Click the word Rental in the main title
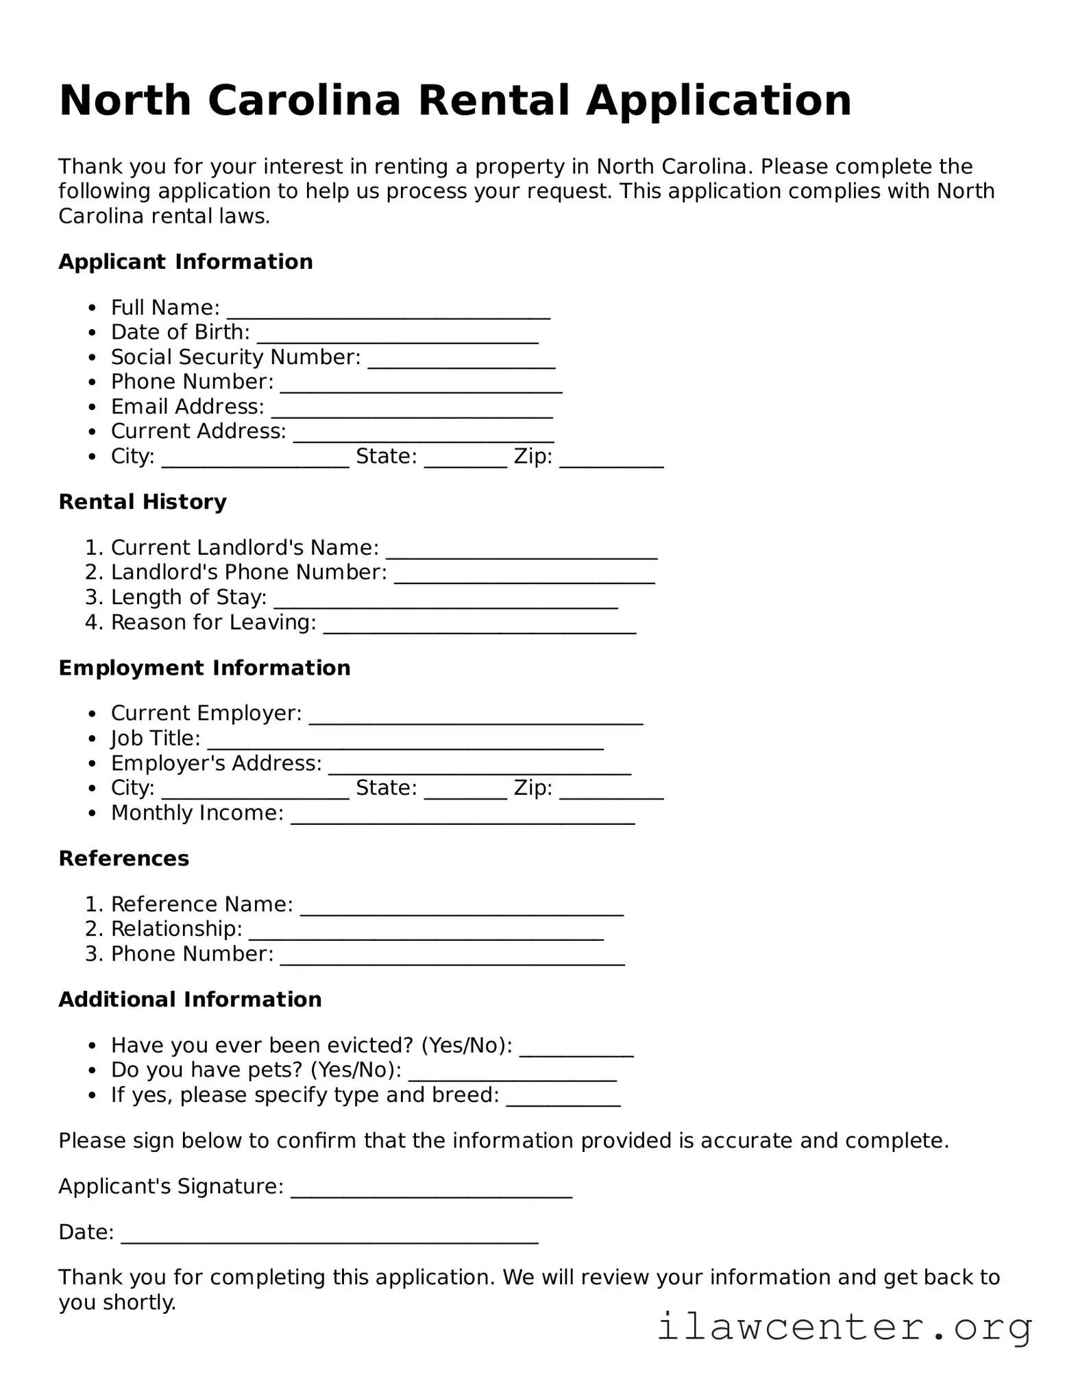pos(494,101)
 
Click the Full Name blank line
pos(389,310)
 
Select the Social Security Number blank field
pos(461,360)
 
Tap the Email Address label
pos(187,407)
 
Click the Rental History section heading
pos(143,502)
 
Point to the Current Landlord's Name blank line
pos(522,550)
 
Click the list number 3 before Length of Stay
pos(94,597)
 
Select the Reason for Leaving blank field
pos(480,625)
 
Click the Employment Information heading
pos(204,668)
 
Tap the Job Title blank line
pos(405,741)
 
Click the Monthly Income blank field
pos(463,815)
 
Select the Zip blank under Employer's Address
pos(611,791)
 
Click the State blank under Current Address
pos(465,459)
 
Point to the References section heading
pos(124,859)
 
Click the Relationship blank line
pos(426,931)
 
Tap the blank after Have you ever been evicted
pos(576,1048)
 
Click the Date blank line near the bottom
pos(330,1235)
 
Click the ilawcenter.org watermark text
pos(844,1327)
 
